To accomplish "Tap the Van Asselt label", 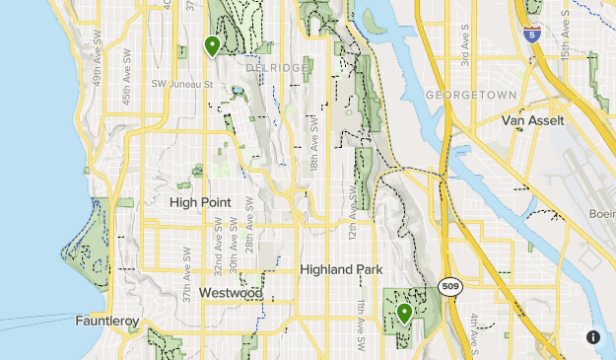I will coord(532,121).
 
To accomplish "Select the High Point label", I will coord(200,202).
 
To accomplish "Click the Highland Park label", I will coord(340,269).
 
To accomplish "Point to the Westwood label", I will coord(230,293).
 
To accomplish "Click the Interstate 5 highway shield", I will coord(531,35).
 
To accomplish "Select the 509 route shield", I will coord(450,287).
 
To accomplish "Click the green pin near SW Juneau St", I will coord(212,45).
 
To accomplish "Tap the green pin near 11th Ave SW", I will coord(404,314).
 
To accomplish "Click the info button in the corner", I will coord(593,336).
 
